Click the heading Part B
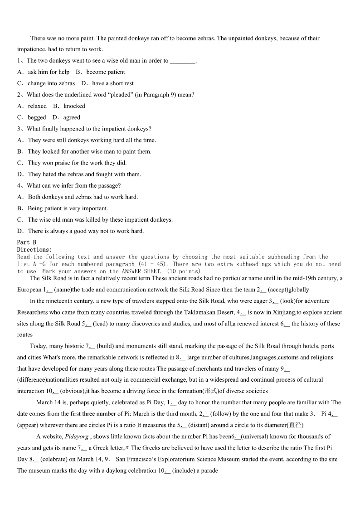pyautogui.click(x=26, y=242)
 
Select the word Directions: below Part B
pyautogui.click(x=34, y=250)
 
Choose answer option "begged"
pyautogui.click(x=37, y=117)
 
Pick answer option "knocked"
pyautogui.click(x=74, y=106)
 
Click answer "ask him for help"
pyautogui.click(x=49, y=72)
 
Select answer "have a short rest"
pyautogui.click(x=113, y=83)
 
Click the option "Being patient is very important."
pyautogui.click(x=68, y=208)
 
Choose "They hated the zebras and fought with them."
pyautogui.click(x=84, y=175)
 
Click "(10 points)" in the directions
pyautogui.click(x=184, y=271)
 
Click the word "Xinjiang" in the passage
pyautogui.click(x=283, y=312)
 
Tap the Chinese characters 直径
pyautogui.click(x=296, y=425)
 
